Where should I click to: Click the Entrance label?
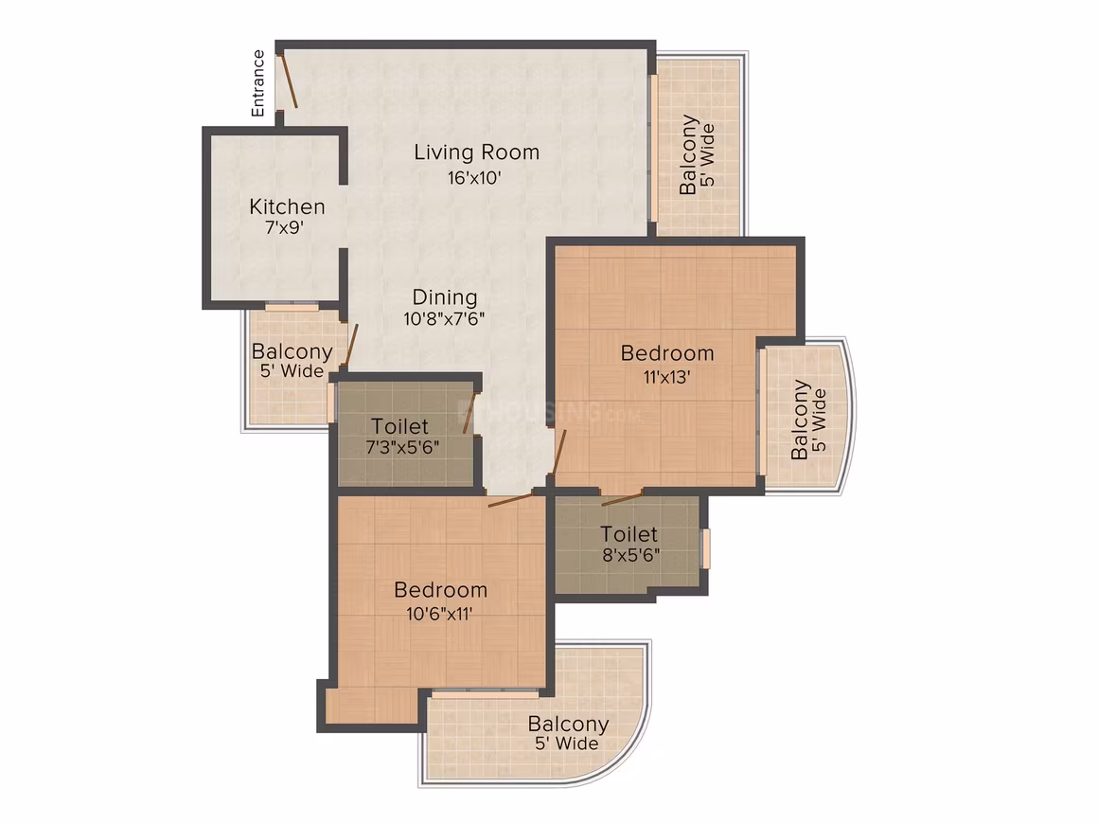click(x=258, y=82)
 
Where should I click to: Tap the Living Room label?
click(x=477, y=152)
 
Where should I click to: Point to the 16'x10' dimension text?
click(x=475, y=177)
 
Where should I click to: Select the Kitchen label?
click(x=287, y=206)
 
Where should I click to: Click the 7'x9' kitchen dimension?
click(x=284, y=227)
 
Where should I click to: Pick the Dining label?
click(x=445, y=297)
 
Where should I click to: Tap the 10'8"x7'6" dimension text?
click(x=444, y=319)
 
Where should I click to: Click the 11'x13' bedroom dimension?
click(x=666, y=377)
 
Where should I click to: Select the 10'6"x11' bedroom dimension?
click(x=440, y=614)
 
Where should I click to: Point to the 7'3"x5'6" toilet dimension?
click(x=402, y=447)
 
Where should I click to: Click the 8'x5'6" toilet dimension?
click(x=631, y=555)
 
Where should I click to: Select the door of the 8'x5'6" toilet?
click(x=622, y=498)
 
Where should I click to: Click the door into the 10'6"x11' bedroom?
click(x=510, y=499)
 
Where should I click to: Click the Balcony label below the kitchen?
click(x=292, y=351)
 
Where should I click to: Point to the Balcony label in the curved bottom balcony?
click(x=568, y=724)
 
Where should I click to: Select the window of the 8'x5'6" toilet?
click(x=706, y=548)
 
